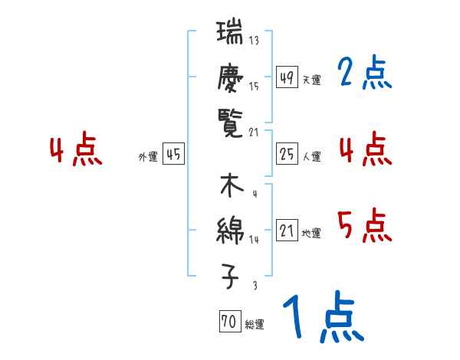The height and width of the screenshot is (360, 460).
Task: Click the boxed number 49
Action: [287, 77]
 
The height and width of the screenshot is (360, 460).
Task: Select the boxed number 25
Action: [287, 154]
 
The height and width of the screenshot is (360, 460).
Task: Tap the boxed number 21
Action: [287, 231]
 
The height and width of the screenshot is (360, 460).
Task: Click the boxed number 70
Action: [229, 322]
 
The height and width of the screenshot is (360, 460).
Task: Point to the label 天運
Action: [311, 80]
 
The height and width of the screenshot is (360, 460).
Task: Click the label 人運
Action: [311, 156]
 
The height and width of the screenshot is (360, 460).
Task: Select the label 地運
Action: [311, 233]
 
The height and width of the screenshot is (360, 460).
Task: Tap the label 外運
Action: [148, 156]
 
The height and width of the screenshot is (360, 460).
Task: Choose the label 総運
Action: [255, 324]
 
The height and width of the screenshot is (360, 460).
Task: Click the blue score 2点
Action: [365, 74]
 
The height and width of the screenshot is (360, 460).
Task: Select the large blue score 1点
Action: [322, 318]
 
